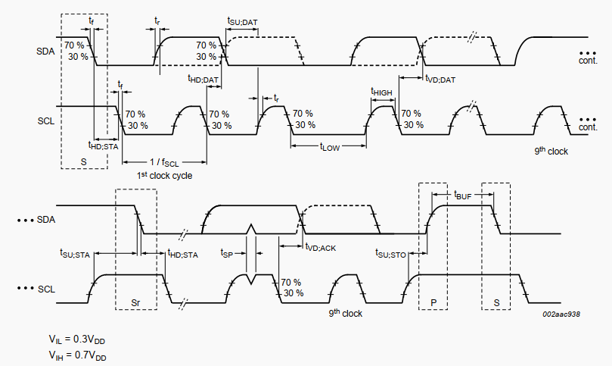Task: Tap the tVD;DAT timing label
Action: click(440, 79)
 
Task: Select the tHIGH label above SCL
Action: click(381, 92)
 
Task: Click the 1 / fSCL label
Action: click(164, 162)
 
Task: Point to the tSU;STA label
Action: click(75, 254)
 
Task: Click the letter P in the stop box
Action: click(433, 302)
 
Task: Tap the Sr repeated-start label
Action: click(135, 302)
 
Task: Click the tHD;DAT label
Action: click(203, 78)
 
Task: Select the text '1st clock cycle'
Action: click(164, 176)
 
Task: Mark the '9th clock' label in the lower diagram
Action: click(345, 313)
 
